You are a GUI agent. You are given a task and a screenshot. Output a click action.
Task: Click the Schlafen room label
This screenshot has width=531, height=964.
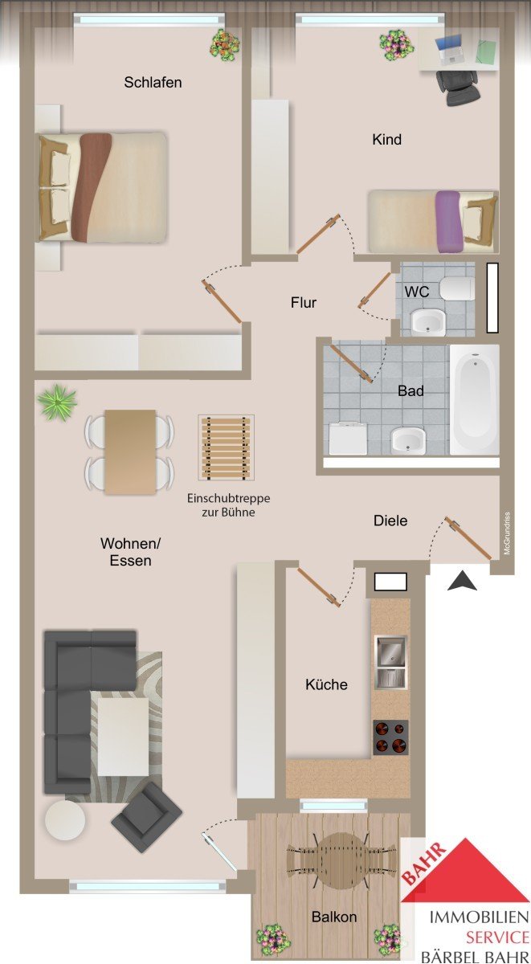coord(153,82)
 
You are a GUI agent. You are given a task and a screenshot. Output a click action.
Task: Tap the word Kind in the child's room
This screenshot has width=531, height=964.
coord(387,140)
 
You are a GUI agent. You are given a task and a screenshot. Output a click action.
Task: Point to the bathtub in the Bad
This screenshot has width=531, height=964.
coord(475,399)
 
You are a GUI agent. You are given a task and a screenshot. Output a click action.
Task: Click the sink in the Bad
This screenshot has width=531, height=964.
coord(408,440)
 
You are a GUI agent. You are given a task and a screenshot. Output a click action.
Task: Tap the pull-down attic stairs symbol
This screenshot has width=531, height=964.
coord(227,447)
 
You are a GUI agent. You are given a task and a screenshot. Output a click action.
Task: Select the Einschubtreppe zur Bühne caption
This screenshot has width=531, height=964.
coord(228,505)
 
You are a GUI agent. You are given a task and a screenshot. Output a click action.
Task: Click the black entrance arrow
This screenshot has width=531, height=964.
coord(462,581)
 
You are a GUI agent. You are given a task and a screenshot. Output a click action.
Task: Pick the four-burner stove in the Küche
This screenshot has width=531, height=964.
coord(390,737)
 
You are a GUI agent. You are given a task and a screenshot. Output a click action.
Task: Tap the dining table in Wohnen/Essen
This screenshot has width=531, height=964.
coord(130,451)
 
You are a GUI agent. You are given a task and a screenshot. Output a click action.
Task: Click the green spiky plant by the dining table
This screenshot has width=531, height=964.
coord(57,401)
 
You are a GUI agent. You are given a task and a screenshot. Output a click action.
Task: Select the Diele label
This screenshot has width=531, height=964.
coord(390,521)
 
